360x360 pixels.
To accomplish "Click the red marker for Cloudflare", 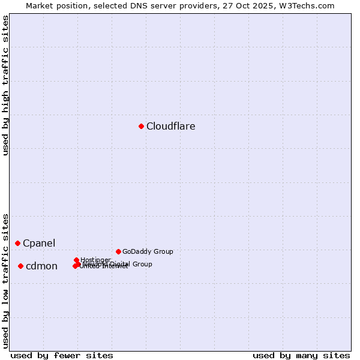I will [x=142, y=126].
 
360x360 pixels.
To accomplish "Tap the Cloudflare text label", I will [x=171, y=126].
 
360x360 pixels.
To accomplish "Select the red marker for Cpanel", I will [x=18, y=243].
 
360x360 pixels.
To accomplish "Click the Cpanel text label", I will [x=39, y=243].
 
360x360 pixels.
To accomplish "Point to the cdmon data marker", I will [x=20, y=266].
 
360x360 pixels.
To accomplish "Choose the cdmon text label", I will [x=41, y=266].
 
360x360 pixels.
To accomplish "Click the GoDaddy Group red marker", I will [x=119, y=251].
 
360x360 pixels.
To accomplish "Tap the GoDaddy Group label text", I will [x=148, y=251].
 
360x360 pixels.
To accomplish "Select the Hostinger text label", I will [x=95, y=260].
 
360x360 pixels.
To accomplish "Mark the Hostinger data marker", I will [x=77, y=260].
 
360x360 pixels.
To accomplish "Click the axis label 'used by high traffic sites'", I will [x=6, y=85].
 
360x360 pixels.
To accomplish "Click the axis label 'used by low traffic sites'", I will [x=6, y=280].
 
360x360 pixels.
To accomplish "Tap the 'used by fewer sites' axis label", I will [x=62, y=355].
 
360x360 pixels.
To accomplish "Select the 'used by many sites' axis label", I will [x=301, y=355].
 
